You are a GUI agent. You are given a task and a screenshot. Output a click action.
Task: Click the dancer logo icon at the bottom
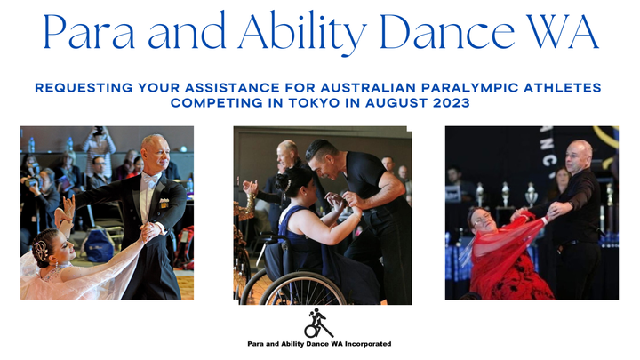(x=319, y=324)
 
